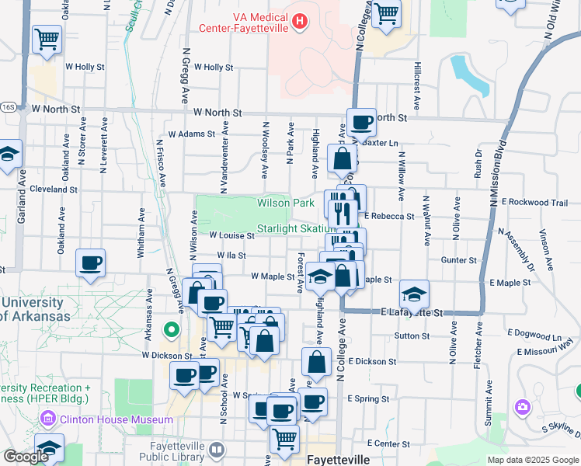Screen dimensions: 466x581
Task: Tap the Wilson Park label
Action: coord(286,203)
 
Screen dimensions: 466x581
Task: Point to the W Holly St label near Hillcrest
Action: coord(214,68)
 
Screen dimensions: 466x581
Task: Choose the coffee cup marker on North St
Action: coord(361,122)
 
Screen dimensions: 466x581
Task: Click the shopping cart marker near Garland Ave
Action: coord(47,38)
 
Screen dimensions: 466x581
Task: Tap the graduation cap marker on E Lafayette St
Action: coord(415,294)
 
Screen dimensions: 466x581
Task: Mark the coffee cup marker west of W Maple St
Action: coord(91,263)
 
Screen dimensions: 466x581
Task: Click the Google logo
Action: coord(25,457)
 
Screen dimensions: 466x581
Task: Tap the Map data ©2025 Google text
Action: coord(533,460)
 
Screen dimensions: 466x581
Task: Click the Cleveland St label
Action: coord(54,189)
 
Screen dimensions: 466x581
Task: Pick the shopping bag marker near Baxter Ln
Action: coord(342,159)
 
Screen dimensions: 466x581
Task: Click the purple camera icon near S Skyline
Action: coord(523,406)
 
